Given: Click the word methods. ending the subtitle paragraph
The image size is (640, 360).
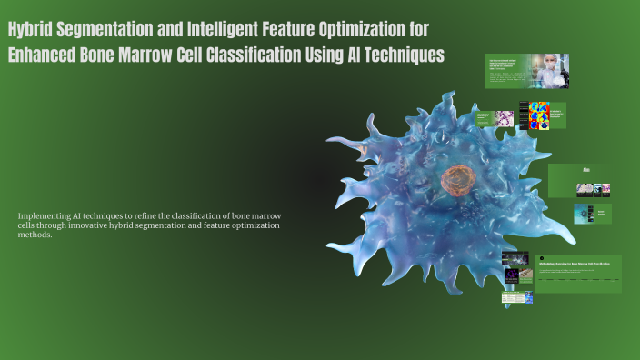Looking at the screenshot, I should pyautogui.click(x=35, y=235).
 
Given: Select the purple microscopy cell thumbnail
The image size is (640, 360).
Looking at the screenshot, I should pyautogui.click(x=504, y=118).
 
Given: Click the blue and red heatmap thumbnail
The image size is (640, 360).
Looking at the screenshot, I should pyautogui.click(x=540, y=115).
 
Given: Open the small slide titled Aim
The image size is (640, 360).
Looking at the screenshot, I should pyautogui.click(x=586, y=169).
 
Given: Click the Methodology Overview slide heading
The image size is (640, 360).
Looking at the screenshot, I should pyautogui.click(x=578, y=262).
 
